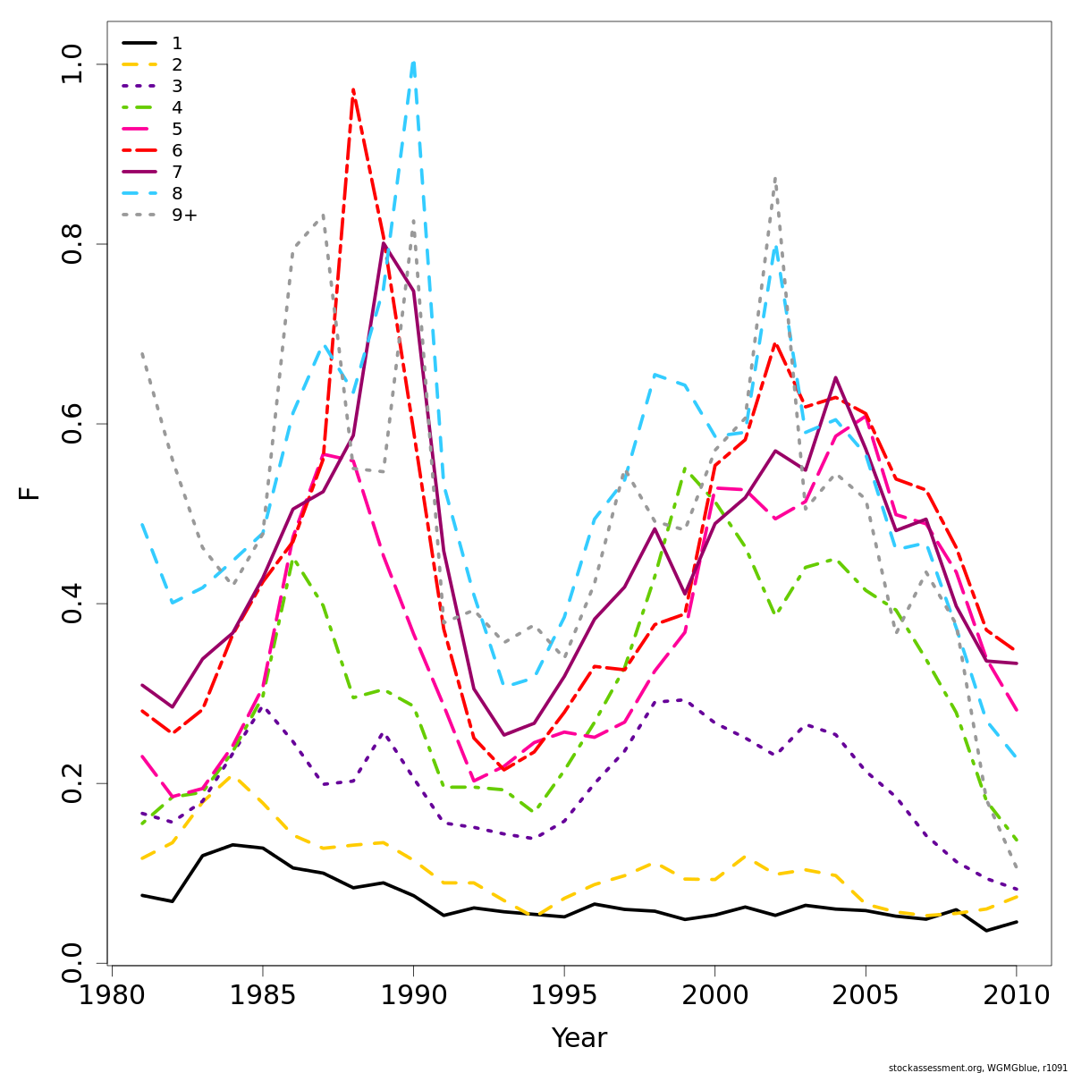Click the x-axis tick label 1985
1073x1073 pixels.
click(262, 996)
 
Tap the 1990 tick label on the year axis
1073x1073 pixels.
click(413, 996)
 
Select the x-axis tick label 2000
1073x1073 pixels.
click(714, 996)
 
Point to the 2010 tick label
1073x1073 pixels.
click(1016, 996)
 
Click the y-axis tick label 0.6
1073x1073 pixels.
click(72, 424)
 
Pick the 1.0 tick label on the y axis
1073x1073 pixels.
click(72, 64)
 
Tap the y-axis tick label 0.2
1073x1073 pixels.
click(72, 783)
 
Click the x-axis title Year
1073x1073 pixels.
click(579, 1039)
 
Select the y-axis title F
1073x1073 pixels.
click(30, 494)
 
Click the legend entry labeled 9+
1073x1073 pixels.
click(184, 215)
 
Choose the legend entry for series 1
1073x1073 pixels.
click(177, 43)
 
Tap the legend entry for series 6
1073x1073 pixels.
click(177, 150)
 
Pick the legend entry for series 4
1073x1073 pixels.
click(177, 107)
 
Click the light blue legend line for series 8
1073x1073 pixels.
click(139, 193)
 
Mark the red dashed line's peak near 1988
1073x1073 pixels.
click(353, 89)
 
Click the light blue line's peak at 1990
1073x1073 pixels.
click(413, 62)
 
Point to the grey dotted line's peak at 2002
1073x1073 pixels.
click(774, 178)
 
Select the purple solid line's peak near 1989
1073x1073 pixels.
click(384, 243)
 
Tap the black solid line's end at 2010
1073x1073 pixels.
click(1017, 922)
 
